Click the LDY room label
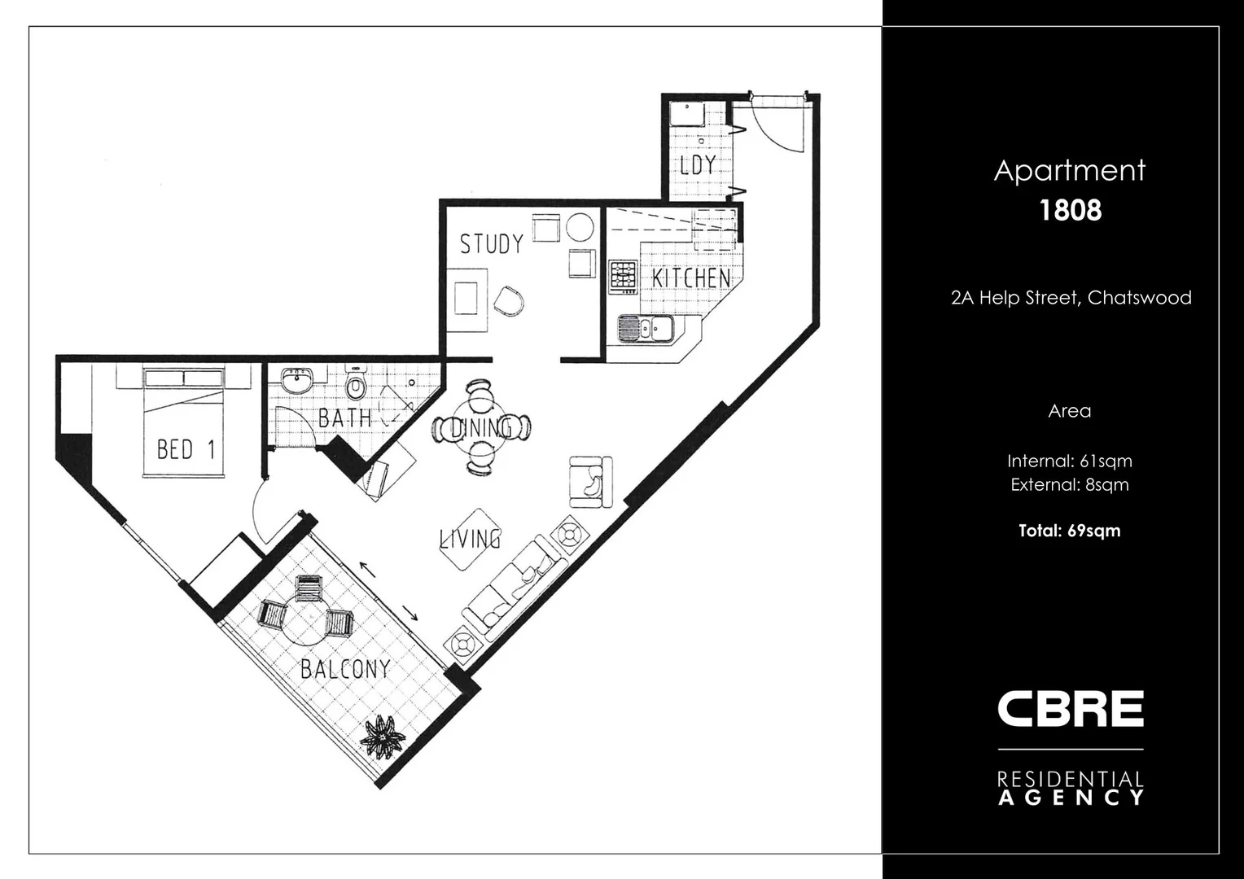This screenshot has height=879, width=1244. pos(698,165)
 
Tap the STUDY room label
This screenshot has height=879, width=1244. pos(491,244)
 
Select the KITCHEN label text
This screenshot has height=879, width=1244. pos(691,278)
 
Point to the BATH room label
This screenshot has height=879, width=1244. pos(344,418)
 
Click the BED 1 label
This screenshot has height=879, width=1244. pos(186,449)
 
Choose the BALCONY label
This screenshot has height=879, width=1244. pos(345,669)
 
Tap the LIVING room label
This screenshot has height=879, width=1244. pos(471,539)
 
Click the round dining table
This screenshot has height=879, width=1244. pos(481,427)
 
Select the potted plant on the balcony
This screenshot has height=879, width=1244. pos(383,736)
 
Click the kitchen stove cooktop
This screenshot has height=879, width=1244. pos(623,276)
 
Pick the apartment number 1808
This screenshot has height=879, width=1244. pos(1070,210)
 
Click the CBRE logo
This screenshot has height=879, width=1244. pos(1070,709)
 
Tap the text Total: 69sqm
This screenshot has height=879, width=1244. pos(1069,531)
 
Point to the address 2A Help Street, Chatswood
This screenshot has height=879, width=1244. pos(1071,298)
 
